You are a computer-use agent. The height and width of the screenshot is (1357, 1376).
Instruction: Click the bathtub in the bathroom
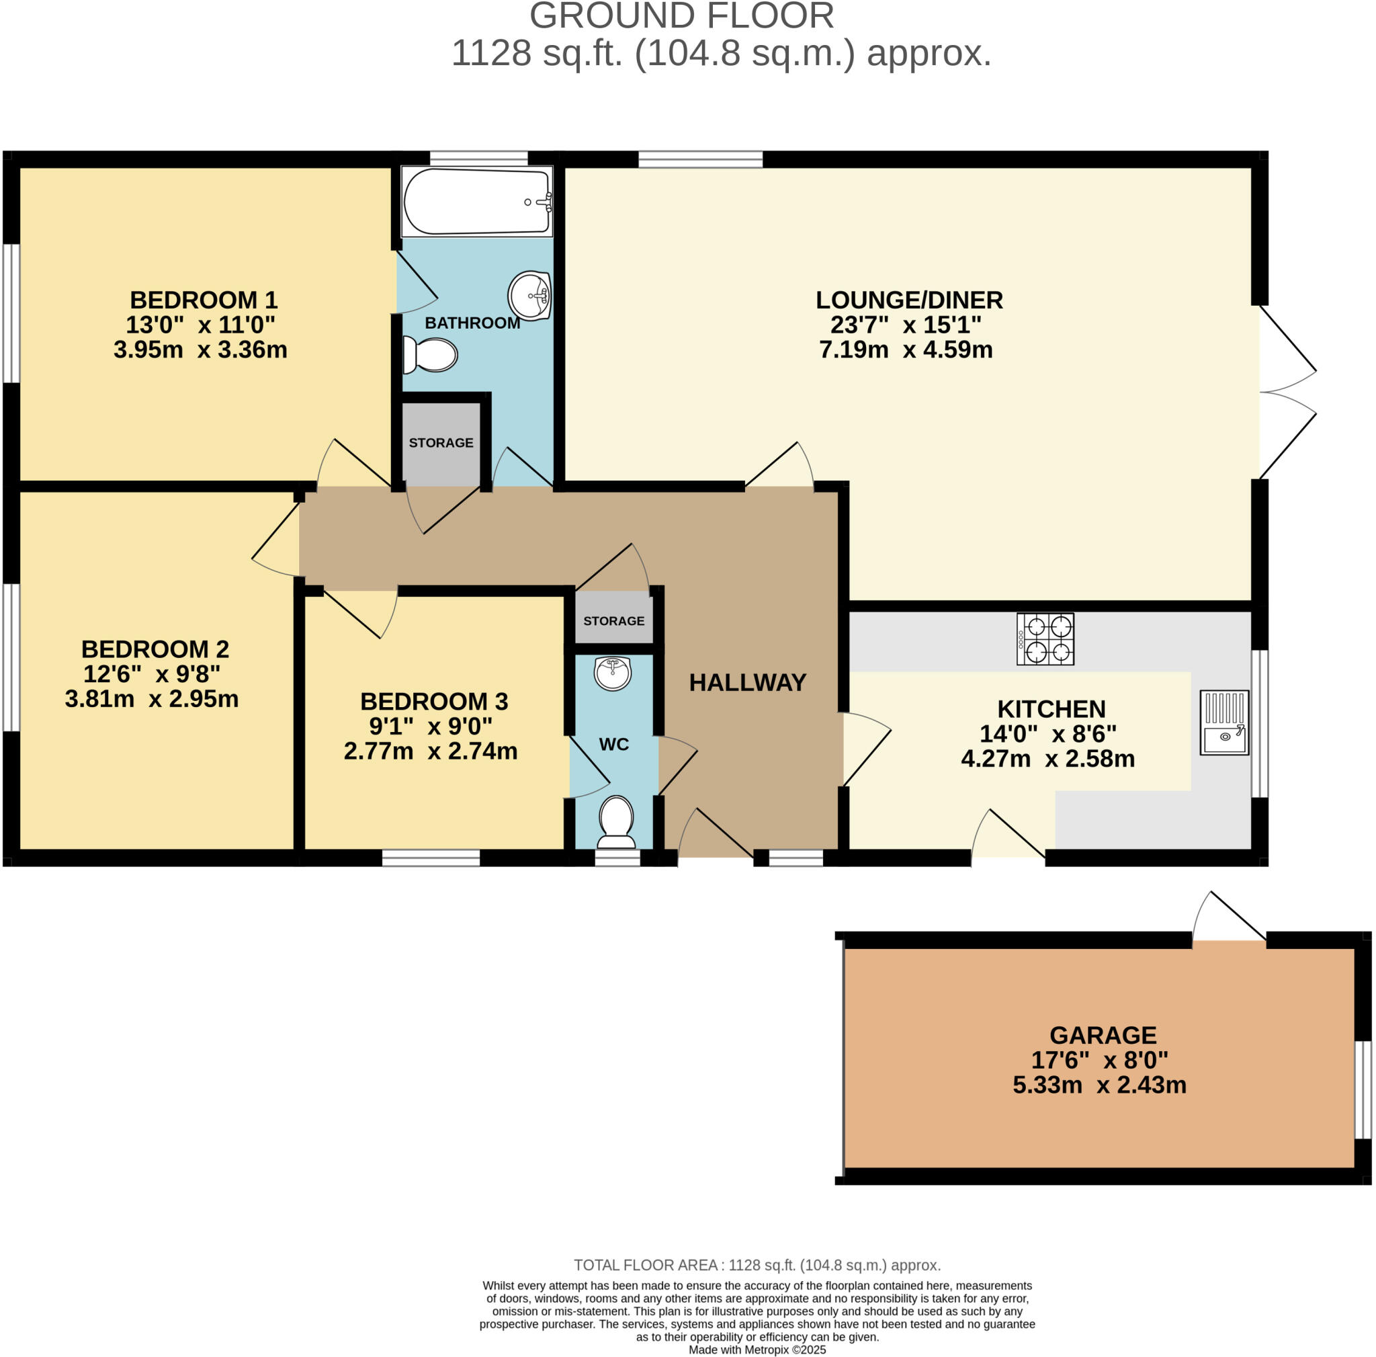coord(476,202)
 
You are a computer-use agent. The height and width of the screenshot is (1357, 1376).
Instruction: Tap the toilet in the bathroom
coord(431,355)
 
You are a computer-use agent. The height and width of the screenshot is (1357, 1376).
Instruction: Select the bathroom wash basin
coord(530,295)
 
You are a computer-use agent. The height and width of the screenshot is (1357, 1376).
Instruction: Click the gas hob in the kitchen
coord(1045,639)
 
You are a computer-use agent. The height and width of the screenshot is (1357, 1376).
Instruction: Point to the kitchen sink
coord(1223,723)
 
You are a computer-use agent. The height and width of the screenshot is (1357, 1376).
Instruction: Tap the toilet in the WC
coord(617,821)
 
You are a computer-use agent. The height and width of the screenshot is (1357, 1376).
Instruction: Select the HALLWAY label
coord(747,682)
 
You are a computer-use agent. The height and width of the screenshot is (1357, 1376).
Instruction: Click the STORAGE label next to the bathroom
coord(441,443)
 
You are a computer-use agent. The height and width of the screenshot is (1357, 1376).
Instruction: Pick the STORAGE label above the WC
coord(614,621)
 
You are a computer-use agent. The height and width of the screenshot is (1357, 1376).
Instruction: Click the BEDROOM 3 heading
coord(434,702)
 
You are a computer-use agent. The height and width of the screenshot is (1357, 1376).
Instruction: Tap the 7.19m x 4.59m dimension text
coord(905,349)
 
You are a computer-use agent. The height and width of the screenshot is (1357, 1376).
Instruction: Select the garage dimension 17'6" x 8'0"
coord(1100,1060)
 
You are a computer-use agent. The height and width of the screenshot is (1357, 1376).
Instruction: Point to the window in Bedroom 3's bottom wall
coord(431,858)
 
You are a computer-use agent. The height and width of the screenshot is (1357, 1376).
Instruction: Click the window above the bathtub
coord(478,158)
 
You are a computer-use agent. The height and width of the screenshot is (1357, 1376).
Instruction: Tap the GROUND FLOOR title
coord(681,16)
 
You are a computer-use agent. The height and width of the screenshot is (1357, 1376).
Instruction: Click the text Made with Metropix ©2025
coord(757,1349)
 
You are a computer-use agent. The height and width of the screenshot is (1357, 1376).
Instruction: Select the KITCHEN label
coord(1051,710)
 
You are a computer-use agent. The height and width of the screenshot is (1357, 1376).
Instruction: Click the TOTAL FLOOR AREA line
coord(757,1265)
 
